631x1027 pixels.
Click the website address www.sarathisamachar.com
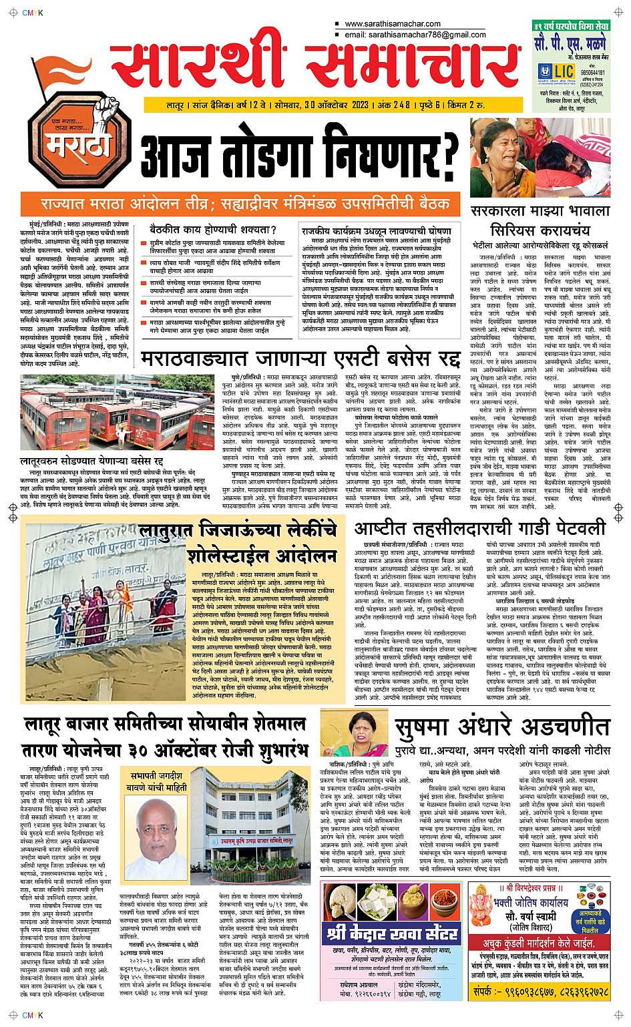pyautogui.click(x=391, y=24)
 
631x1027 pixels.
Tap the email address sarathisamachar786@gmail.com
pyautogui.click(x=415, y=35)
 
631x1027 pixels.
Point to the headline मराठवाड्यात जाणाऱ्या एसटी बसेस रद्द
pyautogui.click(x=300, y=359)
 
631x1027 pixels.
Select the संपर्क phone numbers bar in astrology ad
pyautogui.click(x=540, y=992)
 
